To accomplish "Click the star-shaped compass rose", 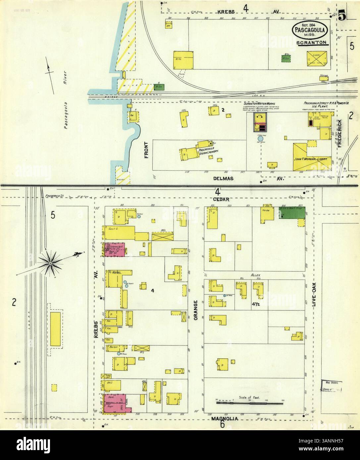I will pos(50,263).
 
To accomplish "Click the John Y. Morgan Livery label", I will pos(310,159).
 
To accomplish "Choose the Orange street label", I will pos(196,310).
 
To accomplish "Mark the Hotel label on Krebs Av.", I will pos(117,273).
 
